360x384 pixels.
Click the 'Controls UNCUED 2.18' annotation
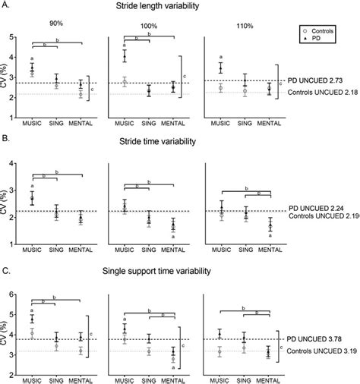click(x=322, y=92)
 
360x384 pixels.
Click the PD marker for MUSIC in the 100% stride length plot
click(x=125, y=56)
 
